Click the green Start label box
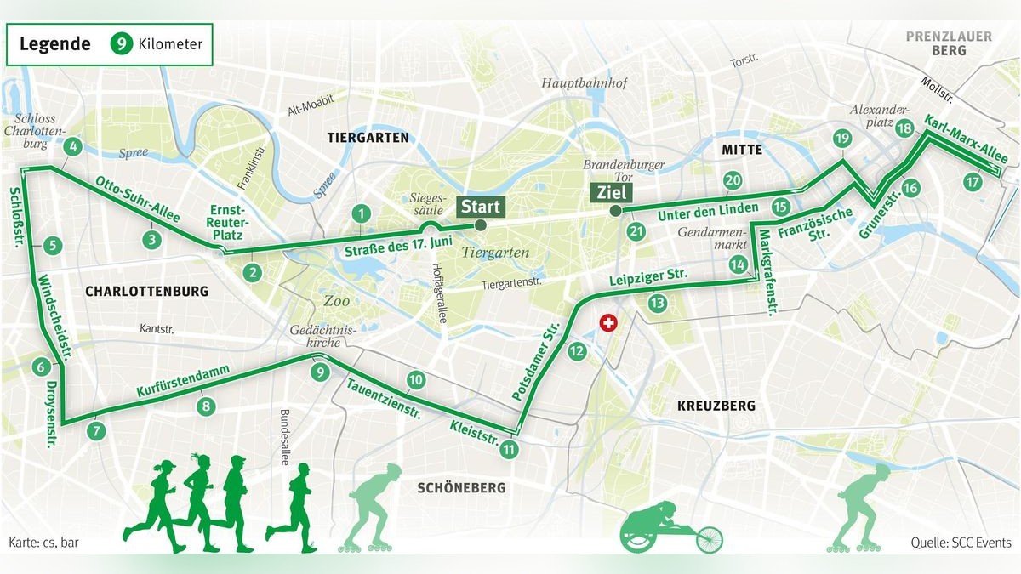click(481, 206)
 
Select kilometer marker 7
click(96, 430)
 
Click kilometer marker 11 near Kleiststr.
click(509, 450)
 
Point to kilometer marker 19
click(842, 139)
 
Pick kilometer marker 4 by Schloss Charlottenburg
click(73, 146)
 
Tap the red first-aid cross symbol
click(607, 324)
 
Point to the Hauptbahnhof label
click(584, 83)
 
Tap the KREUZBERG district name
click(716, 406)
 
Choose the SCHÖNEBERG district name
click(460, 487)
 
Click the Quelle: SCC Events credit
click(961, 543)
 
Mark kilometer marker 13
click(656, 302)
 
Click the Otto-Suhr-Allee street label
click(138, 200)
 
